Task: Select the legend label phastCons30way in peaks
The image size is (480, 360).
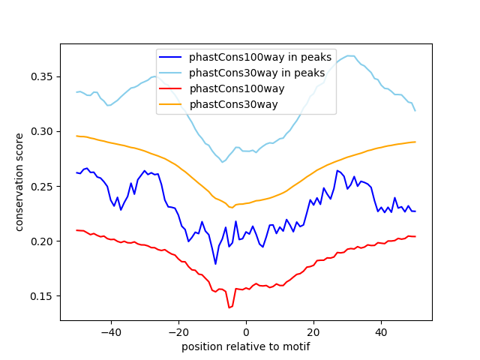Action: pos(256,73)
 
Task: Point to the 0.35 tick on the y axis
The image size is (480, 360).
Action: pos(43,76)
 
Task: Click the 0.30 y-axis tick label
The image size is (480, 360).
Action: pos(43,131)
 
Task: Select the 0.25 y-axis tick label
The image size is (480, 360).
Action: pos(43,186)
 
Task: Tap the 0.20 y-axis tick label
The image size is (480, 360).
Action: pos(43,241)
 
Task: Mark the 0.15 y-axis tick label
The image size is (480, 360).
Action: pos(43,296)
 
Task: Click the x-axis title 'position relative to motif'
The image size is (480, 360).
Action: pos(245,346)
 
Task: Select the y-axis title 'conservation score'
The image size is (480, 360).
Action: pos(20,182)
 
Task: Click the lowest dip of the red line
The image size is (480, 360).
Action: pos(229,307)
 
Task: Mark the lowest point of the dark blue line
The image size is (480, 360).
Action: pos(215,264)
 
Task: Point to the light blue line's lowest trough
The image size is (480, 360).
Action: pos(222,162)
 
